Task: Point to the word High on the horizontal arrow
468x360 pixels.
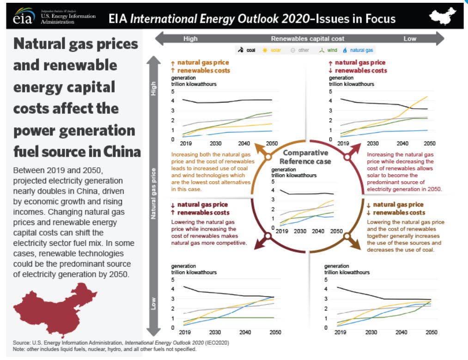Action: [x=190, y=39]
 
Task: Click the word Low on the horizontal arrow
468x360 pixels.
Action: [x=410, y=39]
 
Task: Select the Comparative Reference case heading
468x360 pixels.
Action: [x=305, y=157]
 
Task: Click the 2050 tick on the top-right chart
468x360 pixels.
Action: [x=430, y=144]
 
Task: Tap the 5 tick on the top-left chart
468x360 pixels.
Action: [x=173, y=91]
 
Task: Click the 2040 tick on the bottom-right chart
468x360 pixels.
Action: [x=401, y=332]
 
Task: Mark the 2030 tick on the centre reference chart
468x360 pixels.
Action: [x=300, y=231]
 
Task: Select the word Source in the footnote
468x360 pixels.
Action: [x=22, y=343]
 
